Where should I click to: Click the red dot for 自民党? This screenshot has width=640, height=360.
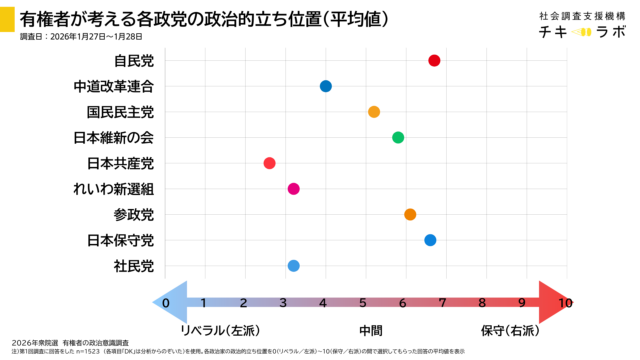pos(434,61)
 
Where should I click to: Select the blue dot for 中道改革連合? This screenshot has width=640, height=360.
pos(326,86)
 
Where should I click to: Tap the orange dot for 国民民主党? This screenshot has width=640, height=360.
pos(374,112)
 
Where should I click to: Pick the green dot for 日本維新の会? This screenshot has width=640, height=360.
pos(398,137)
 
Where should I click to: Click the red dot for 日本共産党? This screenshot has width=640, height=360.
pos(269,163)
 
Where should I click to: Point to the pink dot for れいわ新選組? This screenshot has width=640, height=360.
pos(293,189)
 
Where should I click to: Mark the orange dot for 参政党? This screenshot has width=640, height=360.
pos(410,214)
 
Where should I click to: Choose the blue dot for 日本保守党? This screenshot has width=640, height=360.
pos(430,240)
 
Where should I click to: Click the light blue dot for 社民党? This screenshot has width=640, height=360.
pos(293,265)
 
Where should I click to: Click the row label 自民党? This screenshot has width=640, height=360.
pos(134,61)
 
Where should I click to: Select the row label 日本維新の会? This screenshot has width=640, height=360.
pos(114,137)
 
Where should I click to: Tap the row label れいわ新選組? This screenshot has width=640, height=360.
pos(114,189)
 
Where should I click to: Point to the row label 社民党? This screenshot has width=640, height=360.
pos(134,265)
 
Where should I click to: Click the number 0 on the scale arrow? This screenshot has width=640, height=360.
pos(166,303)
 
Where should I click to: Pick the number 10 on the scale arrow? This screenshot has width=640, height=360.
pos(565,303)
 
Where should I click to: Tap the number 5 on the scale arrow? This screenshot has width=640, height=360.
pos(364,303)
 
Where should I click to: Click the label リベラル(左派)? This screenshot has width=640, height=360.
pos(219,330)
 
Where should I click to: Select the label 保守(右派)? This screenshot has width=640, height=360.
pos(509,330)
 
